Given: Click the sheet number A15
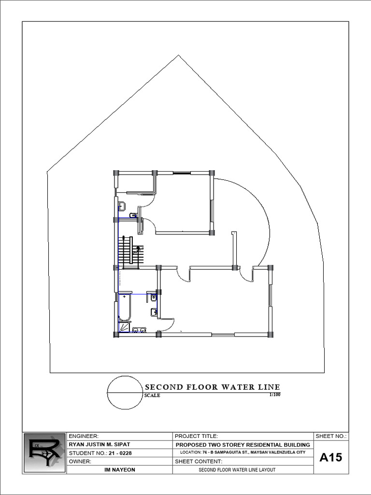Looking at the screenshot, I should pos(331,457).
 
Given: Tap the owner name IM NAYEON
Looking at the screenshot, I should pos(119,469).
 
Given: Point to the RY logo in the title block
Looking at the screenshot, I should pos(44,453).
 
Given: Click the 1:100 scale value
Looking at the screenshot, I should pos(274,395).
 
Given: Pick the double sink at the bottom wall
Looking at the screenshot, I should pos(140,330).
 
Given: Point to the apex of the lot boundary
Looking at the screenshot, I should pos(179,55).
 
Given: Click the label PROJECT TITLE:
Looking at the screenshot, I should pos(197,436).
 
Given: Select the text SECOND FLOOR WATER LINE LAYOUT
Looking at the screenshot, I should pos(240,470).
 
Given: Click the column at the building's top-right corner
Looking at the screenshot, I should pos(212,173).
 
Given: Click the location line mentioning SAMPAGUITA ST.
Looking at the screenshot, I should pos(243,452).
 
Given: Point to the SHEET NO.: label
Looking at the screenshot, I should pos(331,436).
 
